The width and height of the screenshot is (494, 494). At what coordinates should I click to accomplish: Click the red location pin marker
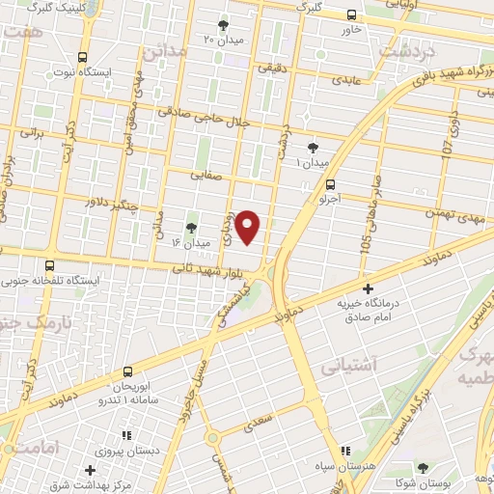pos(249,226)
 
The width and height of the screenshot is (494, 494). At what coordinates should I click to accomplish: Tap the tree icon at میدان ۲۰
pos(224,25)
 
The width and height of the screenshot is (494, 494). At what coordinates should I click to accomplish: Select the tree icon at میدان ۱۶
pos(189,228)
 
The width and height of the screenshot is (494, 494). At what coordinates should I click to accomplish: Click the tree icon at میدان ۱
pos(313,147)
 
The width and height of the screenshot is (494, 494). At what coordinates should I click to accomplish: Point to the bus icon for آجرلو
pos(332,183)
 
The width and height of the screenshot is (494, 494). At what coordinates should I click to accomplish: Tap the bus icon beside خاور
pos(351,15)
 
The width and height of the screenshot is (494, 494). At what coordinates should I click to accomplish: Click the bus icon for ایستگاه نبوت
pos(84,57)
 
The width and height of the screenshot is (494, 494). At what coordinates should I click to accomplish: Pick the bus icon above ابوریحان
pos(127,371)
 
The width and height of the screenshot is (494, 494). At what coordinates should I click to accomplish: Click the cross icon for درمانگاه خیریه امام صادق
pos(368,288)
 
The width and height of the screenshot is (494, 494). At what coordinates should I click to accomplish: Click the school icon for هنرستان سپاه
pos(345,452)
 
